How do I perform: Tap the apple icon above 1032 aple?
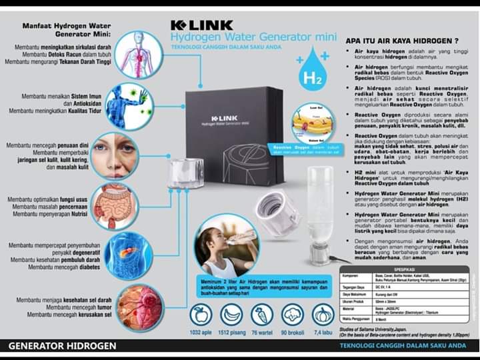click(x=200, y=314)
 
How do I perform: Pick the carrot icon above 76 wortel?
click(x=261, y=314)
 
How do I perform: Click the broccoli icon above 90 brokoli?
click(x=292, y=314)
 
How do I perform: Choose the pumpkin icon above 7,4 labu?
click(x=323, y=314)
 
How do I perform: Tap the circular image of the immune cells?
click(x=129, y=105)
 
